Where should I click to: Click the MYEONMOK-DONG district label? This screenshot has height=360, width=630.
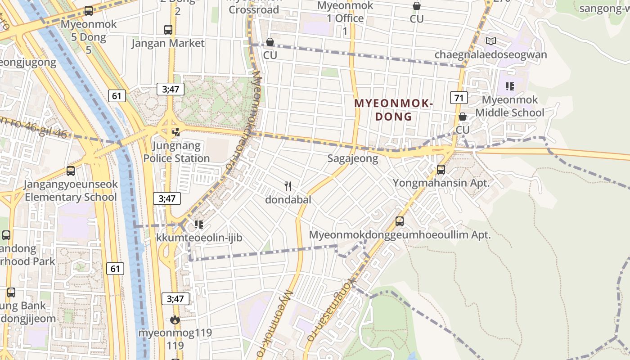point(393,110)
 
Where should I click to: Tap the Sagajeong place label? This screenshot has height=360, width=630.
point(352,158)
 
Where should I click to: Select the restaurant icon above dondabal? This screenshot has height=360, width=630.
point(288,186)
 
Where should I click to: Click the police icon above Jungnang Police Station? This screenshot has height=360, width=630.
point(176,132)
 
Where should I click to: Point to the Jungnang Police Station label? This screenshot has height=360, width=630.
point(176,152)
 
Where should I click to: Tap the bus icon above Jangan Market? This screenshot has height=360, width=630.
point(168,30)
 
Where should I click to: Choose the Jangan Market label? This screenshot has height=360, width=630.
point(168,43)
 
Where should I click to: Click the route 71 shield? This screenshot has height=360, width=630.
point(459,97)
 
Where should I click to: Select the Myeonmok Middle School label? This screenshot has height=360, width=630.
point(509,106)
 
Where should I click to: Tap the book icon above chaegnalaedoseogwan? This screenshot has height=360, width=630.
point(490,41)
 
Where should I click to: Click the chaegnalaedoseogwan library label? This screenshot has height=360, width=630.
point(490,55)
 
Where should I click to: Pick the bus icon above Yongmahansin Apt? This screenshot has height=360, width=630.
point(441,170)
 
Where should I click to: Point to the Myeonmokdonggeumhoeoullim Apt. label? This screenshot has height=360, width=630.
point(400,235)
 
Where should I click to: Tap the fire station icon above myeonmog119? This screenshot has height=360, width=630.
point(175,320)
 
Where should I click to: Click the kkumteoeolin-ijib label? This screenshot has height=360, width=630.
point(199,238)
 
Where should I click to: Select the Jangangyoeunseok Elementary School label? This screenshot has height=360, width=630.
point(71,191)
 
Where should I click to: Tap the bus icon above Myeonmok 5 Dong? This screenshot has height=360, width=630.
point(89,11)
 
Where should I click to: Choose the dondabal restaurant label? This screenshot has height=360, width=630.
point(288,200)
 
